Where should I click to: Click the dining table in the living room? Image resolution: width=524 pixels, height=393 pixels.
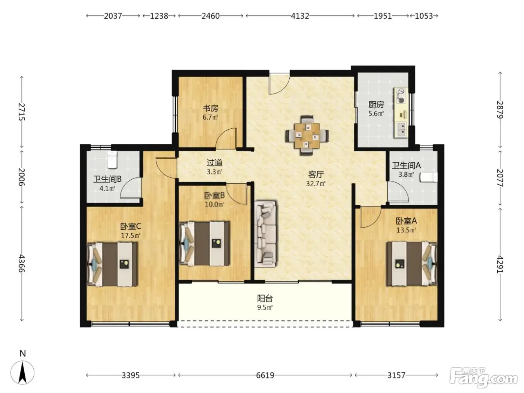click(307, 135)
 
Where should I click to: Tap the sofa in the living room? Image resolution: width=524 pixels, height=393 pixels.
click(266, 234)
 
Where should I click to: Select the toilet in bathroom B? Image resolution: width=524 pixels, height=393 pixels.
click(112, 159)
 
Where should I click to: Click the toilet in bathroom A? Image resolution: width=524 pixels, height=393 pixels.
click(429, 177)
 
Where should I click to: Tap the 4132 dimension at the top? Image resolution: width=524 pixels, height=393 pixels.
click(300, 16)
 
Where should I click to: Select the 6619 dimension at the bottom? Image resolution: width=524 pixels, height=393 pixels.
click(265, 375)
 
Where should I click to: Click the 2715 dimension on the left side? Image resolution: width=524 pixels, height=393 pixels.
click(22, 112)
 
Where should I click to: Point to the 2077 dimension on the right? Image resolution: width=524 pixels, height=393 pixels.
click(500, 178)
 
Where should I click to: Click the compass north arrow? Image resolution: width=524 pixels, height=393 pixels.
click(22, 372)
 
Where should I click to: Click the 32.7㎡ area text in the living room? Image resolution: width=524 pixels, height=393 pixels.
click(316, 183)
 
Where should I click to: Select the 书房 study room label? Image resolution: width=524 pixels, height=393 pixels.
click(210, 108)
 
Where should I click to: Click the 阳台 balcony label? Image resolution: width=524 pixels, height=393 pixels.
click(265, 298)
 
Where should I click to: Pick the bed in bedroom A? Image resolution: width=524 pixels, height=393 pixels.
click(412, 263)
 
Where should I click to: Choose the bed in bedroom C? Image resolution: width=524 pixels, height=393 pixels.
click(112, 264)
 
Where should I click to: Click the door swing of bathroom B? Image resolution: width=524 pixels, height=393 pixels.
click(131, 188)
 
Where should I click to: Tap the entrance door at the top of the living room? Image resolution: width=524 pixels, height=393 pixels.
click(279, 84)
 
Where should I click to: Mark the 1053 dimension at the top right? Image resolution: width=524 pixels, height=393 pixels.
click(424, 16)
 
